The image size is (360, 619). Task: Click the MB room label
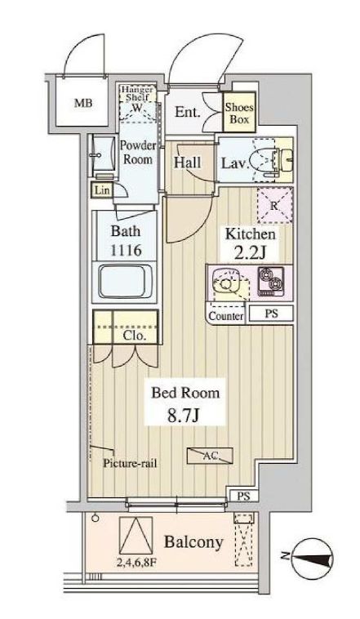(x=84, y=104)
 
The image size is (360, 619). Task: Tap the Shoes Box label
(x=239, y=113)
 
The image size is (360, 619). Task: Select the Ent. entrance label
(x=188, y=112)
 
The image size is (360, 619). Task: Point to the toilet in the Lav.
(x=273, y=159)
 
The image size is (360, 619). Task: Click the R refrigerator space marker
(x=275, y=205)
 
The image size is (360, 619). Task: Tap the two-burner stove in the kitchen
(x=271, y=282)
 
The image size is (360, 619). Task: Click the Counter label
(x=226, y=316)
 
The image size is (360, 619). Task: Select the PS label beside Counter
(x=271, y=314)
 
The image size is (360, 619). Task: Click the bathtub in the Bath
(x=126, y=282)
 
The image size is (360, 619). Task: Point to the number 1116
(x=126, y=250)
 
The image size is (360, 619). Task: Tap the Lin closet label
(x=102, y=190)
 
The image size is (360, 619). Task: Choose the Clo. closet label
(x=135, y=336)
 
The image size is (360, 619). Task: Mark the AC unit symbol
(x=210, y=456)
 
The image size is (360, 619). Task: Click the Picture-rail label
(x=130, y=463)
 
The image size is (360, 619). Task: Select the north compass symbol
(x=312, y=558)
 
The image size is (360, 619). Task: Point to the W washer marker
(x=136, y=108)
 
